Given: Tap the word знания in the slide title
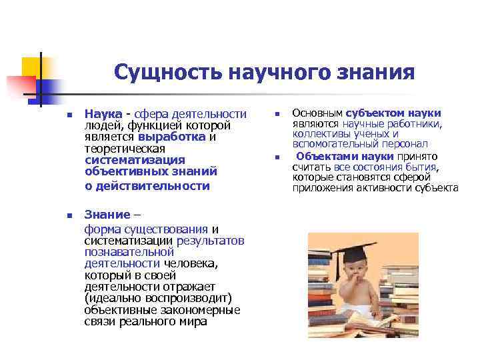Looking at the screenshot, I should click(x=377, y=72).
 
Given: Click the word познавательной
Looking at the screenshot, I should click(x=129, y=252).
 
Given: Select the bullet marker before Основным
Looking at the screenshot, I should click(x=277, y=114).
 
